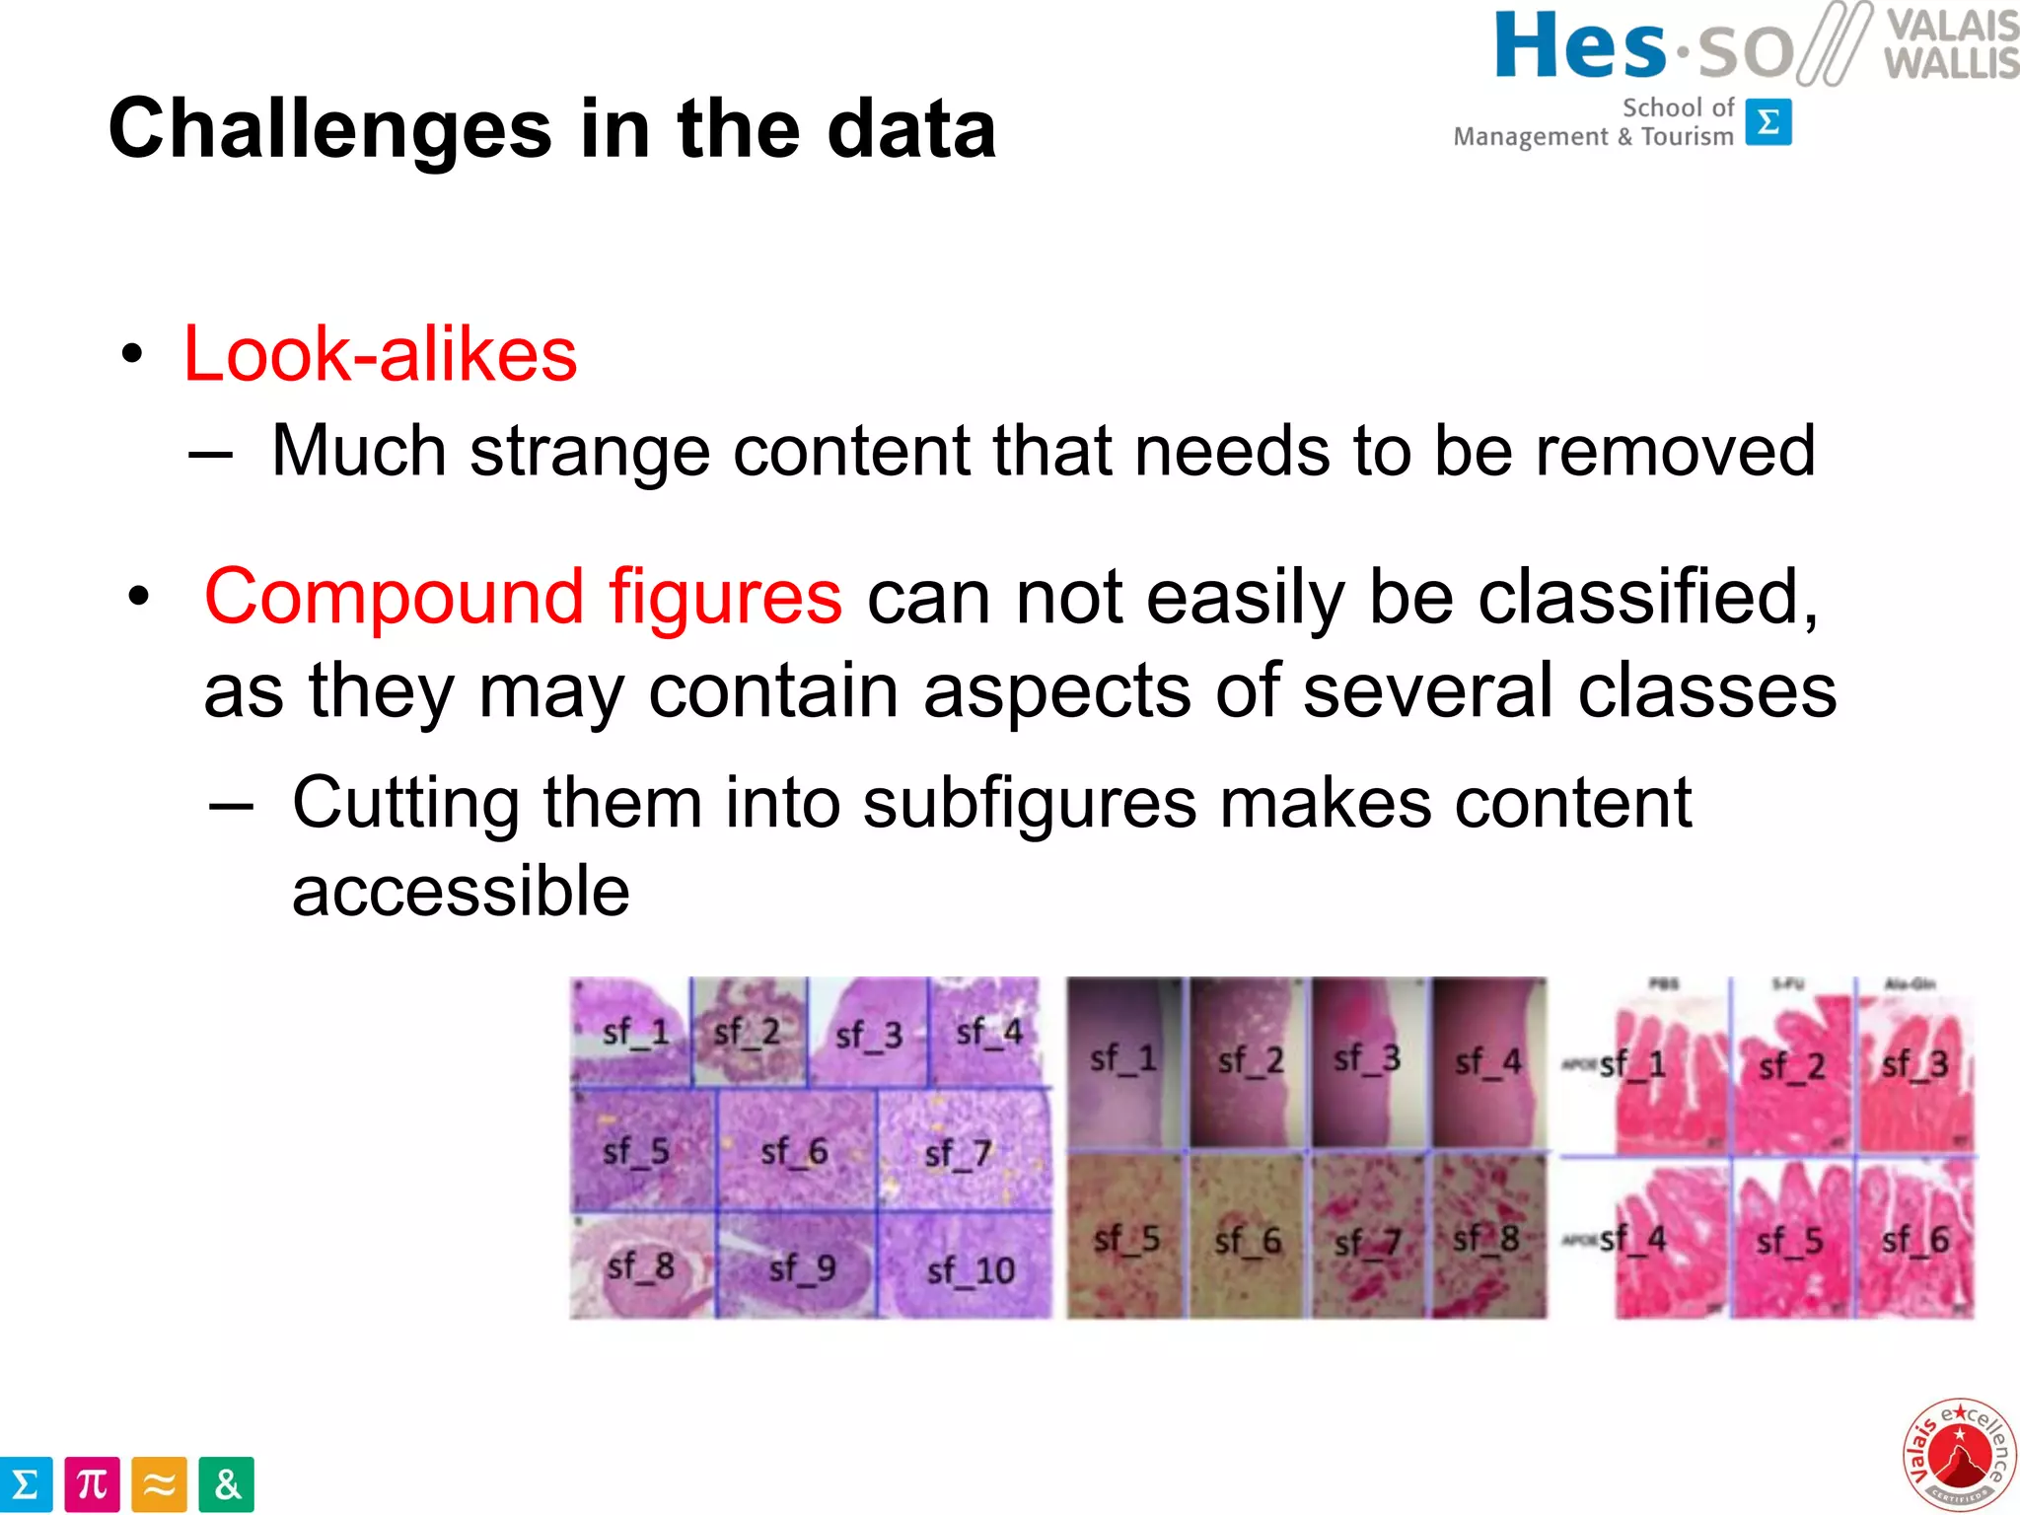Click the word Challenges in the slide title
pos(329,130)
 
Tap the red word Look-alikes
pos(380,354)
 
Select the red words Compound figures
pos(523,597)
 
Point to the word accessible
pos(461,891)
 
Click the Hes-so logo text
pos(1642,47)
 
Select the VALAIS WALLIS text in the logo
pos(1950,44)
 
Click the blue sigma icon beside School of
pos(1768,122)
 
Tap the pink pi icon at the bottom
pos(92,1484)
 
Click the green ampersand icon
pos(227,1484)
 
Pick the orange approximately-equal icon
pos(159,1484)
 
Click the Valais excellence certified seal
pos(1959,1454)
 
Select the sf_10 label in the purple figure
pos(971,1270)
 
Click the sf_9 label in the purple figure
pos(802,1268)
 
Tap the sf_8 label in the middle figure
pos(1485,1238)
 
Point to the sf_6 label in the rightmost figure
pos(1914,1240)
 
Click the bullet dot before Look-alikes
pos(132,355)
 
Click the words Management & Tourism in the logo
pos(1593,137)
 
